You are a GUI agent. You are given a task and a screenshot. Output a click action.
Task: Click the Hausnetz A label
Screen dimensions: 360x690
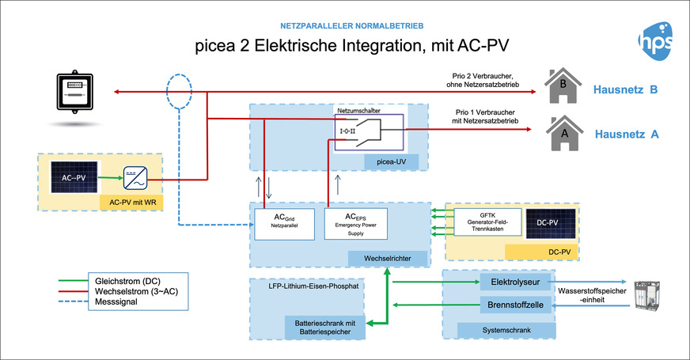pos(627,135)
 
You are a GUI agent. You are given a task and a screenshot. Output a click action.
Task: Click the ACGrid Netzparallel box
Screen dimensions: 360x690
pos(285,223)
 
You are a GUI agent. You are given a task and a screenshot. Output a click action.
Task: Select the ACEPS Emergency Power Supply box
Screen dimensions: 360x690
pos(355,223)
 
